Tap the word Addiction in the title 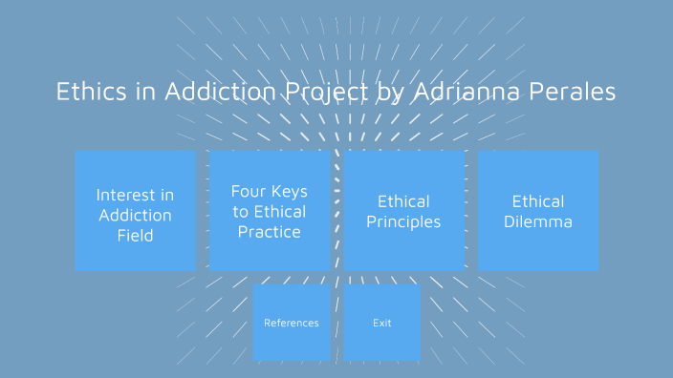(x=220, y=92)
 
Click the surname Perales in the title (x=574, y=92)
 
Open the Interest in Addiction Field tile (x=136, y=210)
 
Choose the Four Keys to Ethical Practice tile (x=270, y=210)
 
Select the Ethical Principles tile (x=403, y=210)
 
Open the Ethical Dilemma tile (x=538, y=210)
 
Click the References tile (x=292, y=323)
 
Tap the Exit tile (x=382, y=323)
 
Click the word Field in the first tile (x=136, y=236)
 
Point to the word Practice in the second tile (x=270, y=232)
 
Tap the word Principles (x=403, y=222)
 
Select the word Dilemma (x=538, y=222)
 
